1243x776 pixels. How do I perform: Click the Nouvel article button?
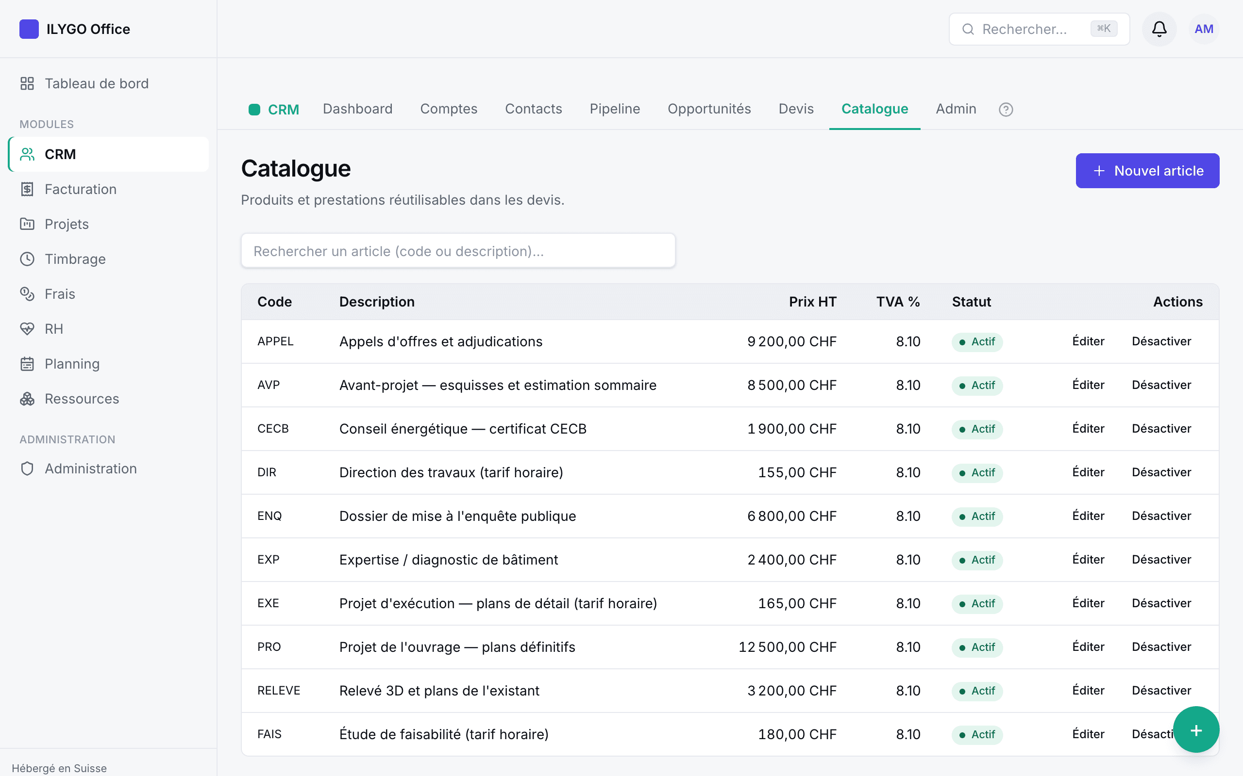click(1147, 171)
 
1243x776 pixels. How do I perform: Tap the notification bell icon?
click(1159, 29)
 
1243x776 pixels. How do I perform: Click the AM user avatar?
click(1204, 29)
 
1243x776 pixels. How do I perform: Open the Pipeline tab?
click(615, 109)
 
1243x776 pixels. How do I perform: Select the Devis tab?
click(796, 109)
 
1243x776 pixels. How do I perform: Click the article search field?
click(458, 251)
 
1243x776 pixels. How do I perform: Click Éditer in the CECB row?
click(1088, 429)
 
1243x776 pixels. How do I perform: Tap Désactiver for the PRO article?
click(1161, 647)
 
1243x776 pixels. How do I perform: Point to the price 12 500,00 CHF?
click(788, 647)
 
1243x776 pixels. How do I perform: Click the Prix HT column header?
click(813, 302)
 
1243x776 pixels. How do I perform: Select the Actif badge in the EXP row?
click(977, 559)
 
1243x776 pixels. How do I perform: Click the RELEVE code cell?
click(279, 690)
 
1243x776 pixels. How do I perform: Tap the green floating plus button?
click(1196, 730)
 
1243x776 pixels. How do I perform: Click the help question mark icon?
click(1006, 109)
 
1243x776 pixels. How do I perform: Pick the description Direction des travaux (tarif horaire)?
click(451, 472)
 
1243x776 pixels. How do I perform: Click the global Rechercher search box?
click(1039, 29)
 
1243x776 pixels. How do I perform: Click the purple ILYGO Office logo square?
click(29, 29)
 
